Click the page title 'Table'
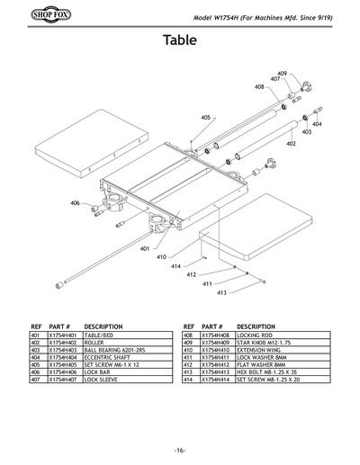pos(180,40)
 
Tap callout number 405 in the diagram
pos(205,118)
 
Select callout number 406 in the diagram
pos(75,203)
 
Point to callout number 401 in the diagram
pos(145,248)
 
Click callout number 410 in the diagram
pos(187,257)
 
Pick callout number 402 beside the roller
pos(291,143)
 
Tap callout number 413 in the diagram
pos(221,292)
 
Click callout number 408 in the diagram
pos(259,87)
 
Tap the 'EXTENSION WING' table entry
pos(257,350)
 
